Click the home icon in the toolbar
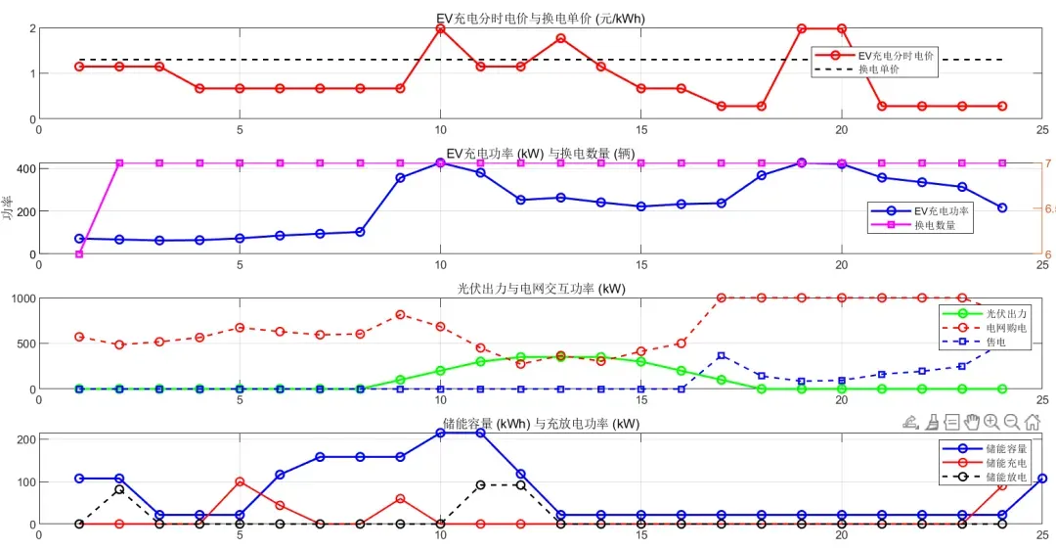[x=1033, y=422]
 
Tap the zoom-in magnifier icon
[x=991, y=422]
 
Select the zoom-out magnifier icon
[x=1012, y=422]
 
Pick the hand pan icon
[x=972, y=422]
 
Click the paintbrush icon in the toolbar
[x=932, y=422]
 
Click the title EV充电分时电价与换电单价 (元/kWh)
[x=540, y=18]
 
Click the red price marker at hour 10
[x=440, y=29]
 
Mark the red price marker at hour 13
[x=560, y=38]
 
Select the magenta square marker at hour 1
[x=79, y=254]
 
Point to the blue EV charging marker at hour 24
[x=1001, y=207]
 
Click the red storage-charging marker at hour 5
[x=240, y=481]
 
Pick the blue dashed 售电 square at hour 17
[x=721, y=355]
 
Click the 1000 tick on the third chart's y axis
[x=22, y=297]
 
